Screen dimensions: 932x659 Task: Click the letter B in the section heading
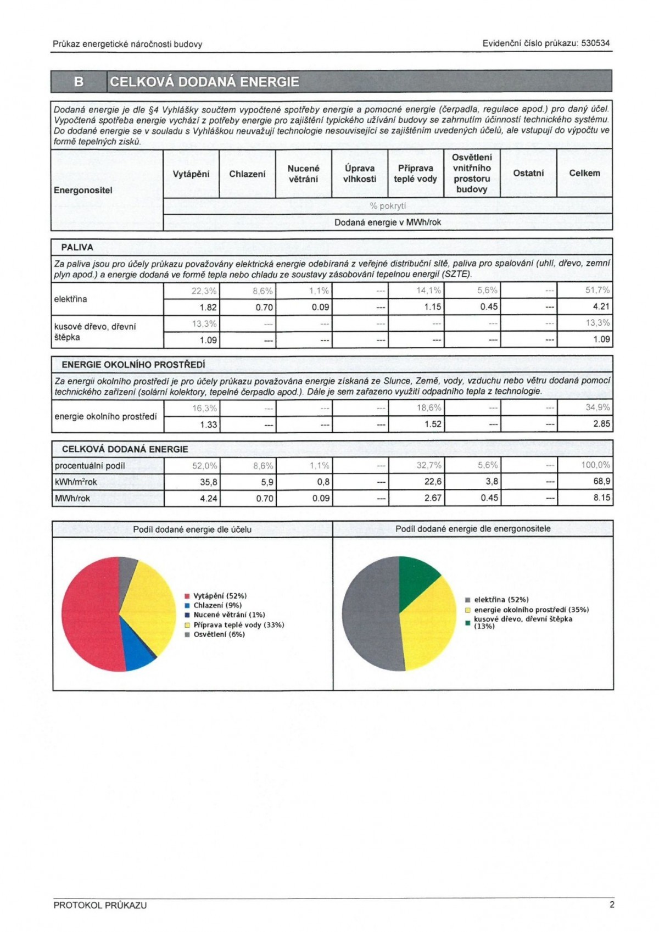[x=79, y=82]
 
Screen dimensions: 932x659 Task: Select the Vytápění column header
[x=191, y=174]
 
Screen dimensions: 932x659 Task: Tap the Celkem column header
[x=584, y=173]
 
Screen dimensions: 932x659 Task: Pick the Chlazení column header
[x=247, y=174]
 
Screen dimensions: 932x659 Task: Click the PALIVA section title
[x=77, y=248]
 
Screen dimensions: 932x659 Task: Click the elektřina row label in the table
[x=71, y=299]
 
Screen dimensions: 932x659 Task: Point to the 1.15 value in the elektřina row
[x=432, y=307]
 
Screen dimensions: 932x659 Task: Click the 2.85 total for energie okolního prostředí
[x=601, y=424]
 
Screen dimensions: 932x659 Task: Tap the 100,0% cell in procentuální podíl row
[x=595, y=465]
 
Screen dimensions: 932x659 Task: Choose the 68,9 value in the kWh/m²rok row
[x=601, y=482]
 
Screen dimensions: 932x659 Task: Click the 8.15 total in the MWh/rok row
[x=601, y=498]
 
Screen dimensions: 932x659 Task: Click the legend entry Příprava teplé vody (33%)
[x=238, y=625]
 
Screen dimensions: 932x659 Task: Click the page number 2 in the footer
[x=612, y=905]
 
